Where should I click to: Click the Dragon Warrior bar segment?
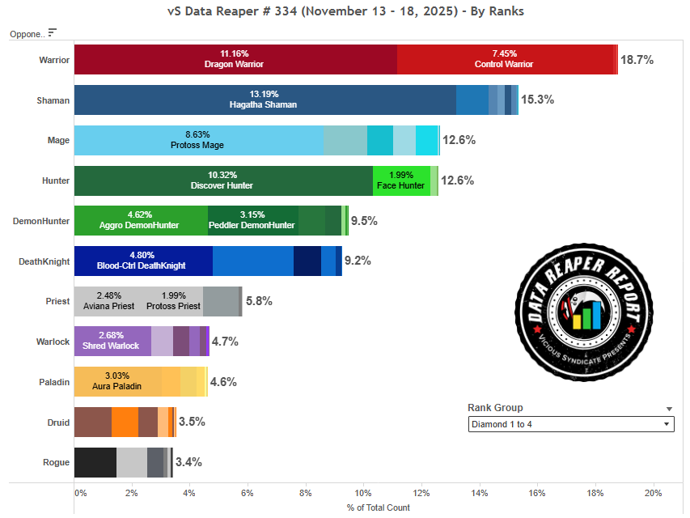(x=235, y=60)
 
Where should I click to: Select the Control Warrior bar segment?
(x=506, y=60)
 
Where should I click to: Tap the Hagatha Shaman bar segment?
(x=265, y=100)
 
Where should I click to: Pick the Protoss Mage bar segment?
(x=198, y=140)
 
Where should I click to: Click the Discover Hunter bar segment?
(x=222, y=180)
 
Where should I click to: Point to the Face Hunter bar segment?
(x=401, y=180)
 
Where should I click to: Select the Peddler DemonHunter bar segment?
(x=252, y=220)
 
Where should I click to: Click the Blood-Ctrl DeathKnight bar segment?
(x=143, y=261)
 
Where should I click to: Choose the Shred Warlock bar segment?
(x=112, y=341)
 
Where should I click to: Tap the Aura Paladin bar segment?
(x=117, y=381)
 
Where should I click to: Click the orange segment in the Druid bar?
(x=125, y=422)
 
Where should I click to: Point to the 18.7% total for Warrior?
(x=637, y=60)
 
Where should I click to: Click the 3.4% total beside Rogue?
(x=188, y=462)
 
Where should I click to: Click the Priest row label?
(x=57, y=301)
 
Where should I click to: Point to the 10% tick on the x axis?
(x=363, y=493)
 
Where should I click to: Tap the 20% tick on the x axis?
(x=653, y=493)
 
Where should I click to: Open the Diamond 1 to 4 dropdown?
(x=571, y=424)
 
